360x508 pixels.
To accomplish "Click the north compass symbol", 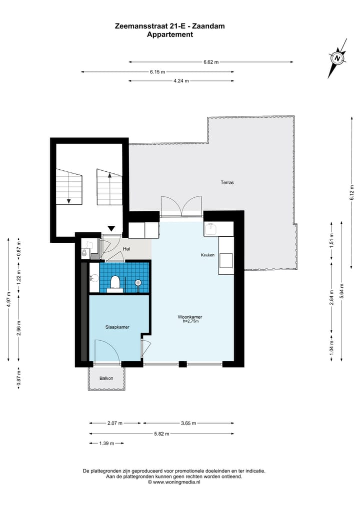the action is tap(337, 58).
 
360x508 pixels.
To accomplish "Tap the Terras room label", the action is tap(227, 182).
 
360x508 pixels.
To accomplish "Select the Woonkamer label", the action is tap(190, 317).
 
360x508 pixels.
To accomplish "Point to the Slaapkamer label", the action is tap(117, 327).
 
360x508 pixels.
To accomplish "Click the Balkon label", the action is tap(106, 378).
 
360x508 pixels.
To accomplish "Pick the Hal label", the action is tap(126, 249).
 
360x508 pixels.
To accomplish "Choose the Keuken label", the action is tap(207, 255).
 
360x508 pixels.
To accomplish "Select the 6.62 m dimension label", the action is tap(211, 62).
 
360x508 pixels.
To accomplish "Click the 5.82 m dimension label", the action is tap(161, 434).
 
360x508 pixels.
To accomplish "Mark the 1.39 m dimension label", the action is tap(106, 443).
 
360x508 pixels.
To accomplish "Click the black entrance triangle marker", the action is tap(111, 228).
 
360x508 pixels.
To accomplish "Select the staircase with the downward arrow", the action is tap(69, 187).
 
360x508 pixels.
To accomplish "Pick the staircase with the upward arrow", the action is tap(109, 187).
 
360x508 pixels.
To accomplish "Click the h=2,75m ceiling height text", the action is tap(190, 321).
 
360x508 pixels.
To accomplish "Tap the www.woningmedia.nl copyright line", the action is tap(174, 482).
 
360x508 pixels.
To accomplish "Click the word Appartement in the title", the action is tap(170, 34).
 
